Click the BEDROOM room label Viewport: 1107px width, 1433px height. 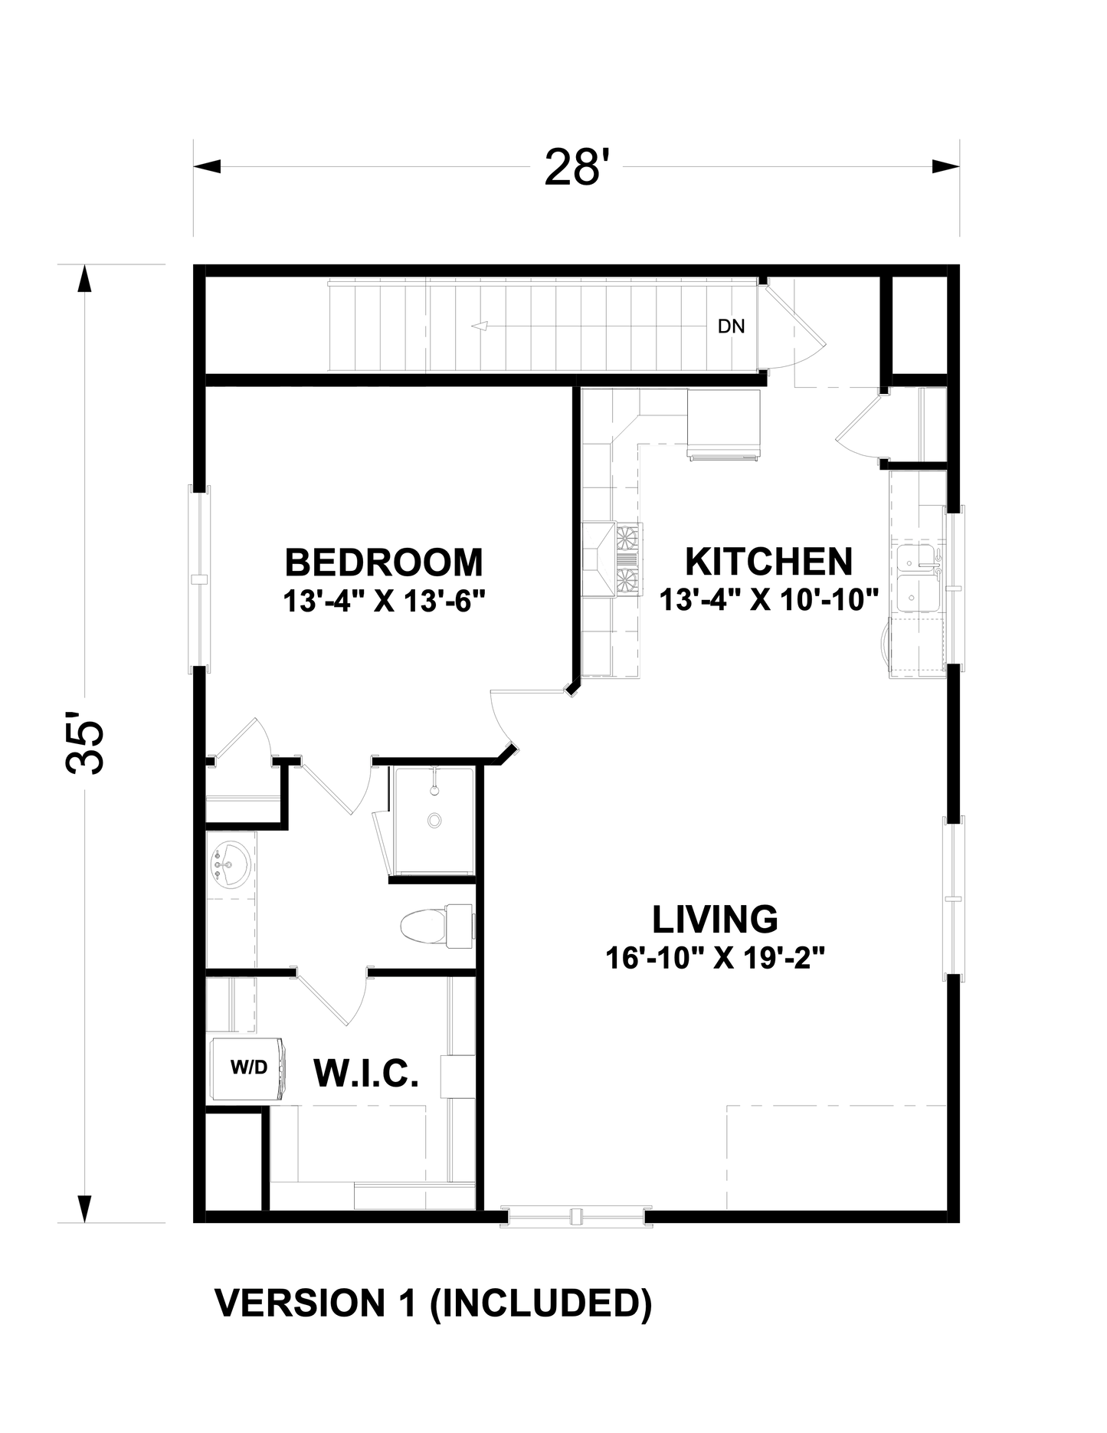(384, 563)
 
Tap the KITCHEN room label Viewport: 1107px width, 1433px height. (768, 562)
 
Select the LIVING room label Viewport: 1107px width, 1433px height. (715, 919)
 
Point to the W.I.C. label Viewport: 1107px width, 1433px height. (366, 1074)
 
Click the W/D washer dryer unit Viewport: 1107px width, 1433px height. (249, 1068)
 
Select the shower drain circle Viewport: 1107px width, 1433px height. (434, 820)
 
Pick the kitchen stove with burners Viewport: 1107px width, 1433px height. (627, 559)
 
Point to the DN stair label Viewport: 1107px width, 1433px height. (731, 326)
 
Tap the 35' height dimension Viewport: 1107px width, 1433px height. (86, 747)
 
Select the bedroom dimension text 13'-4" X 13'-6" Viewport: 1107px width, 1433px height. (385, 602)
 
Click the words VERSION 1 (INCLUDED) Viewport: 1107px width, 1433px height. (433, 1303)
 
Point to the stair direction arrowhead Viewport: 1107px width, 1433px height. (480, 326)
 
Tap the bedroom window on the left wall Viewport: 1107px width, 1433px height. (199, 579)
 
